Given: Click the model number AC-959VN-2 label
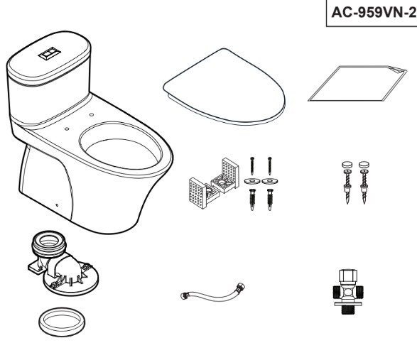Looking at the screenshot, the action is pos(374,12).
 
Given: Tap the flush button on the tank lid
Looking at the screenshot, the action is pos(50,53).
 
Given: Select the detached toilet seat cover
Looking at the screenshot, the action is pos(224,87).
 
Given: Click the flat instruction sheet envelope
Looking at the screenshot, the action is pos(357,84).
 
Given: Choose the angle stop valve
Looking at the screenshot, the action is pos(347,292).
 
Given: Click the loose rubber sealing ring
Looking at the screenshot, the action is pos(62,322).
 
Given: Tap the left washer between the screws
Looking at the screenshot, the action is pos(252,181).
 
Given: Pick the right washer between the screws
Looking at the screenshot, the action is pos(270,181).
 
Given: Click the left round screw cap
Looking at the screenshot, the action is pos(347,164).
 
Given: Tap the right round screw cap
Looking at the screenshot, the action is pos(364,164).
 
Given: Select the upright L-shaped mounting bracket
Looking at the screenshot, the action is pos(225,176).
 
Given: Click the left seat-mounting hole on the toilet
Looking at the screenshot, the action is pos(67,129).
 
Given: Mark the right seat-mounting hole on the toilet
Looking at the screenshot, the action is pos(92,114).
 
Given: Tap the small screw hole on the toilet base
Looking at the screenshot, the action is pos(57,205).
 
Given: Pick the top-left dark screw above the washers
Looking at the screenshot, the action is pos(252,165).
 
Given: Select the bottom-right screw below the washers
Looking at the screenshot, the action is pos(270,200).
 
